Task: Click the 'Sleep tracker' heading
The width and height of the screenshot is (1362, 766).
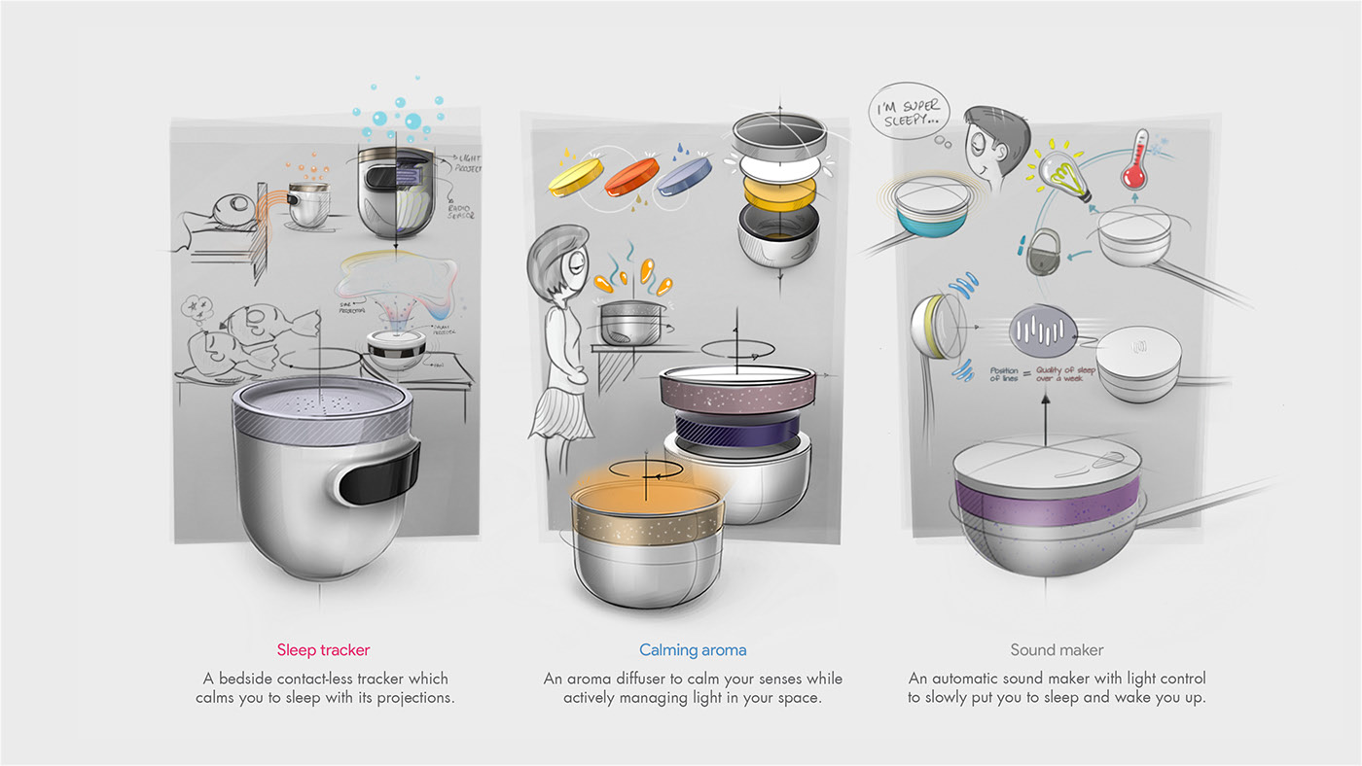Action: (x=323, y=649)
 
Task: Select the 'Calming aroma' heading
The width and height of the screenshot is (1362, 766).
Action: (x=693, y=649)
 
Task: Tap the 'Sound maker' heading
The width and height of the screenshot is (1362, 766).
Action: (x=1057, y=649)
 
